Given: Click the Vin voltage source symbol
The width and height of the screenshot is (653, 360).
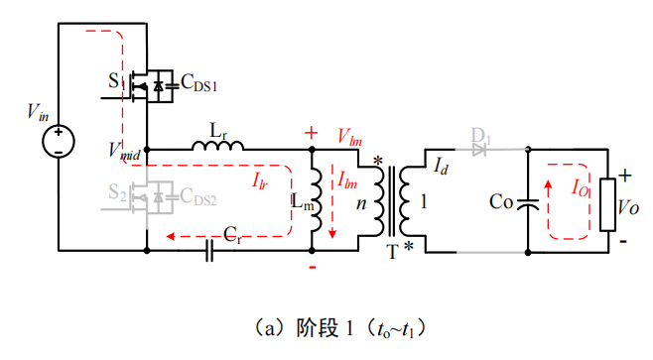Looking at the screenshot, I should pyautogui.click(x=58, y=141).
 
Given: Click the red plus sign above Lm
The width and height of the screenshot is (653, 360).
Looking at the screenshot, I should pyautogui.click(x=312, y=132).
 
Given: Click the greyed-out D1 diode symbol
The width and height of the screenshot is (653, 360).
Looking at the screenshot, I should pyautogui.click(x=481, y=151).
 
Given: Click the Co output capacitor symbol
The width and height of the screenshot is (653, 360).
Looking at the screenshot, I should pyautogui.click(x=528, y=202).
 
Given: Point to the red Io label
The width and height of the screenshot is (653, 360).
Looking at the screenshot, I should pyautogui.click(x=582, y=185).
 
